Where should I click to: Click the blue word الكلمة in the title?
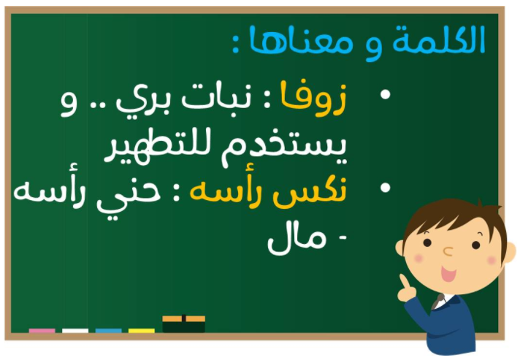[x=439, y=39]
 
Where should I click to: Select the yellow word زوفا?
[x=313, y=98]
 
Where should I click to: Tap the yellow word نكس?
[x=310, y=192]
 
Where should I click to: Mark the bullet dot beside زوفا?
[x=385, y=94]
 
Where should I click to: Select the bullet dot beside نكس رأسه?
[x=385, y=188]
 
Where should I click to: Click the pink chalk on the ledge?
[x=42, y=331]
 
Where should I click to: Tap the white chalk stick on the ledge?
[x=75, y=331]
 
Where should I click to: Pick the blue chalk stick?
[x=108, y=331]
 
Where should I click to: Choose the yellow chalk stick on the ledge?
[x=142, y=331]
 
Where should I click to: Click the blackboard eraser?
[x=184, y=324]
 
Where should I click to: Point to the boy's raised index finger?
[x=405, y=282]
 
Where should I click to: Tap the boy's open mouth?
[x=448, y=274]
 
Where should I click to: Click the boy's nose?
[x=448, y=252]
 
